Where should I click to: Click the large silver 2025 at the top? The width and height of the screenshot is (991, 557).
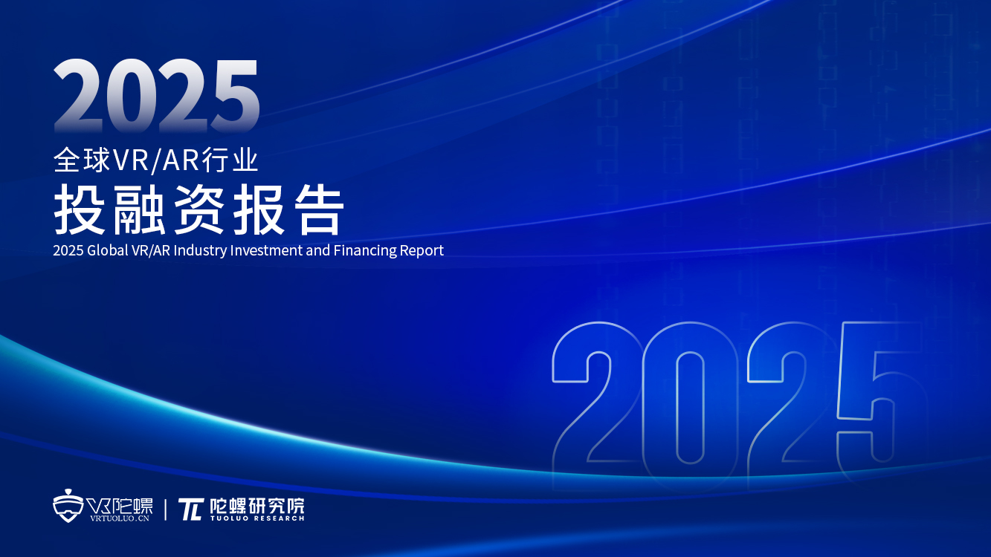coord(156,97)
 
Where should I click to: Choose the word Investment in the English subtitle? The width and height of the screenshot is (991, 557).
coord(267,250)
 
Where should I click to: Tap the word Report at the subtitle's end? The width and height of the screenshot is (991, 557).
coord(423,250)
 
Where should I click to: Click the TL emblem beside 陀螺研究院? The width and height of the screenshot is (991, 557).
coord(190,509)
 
